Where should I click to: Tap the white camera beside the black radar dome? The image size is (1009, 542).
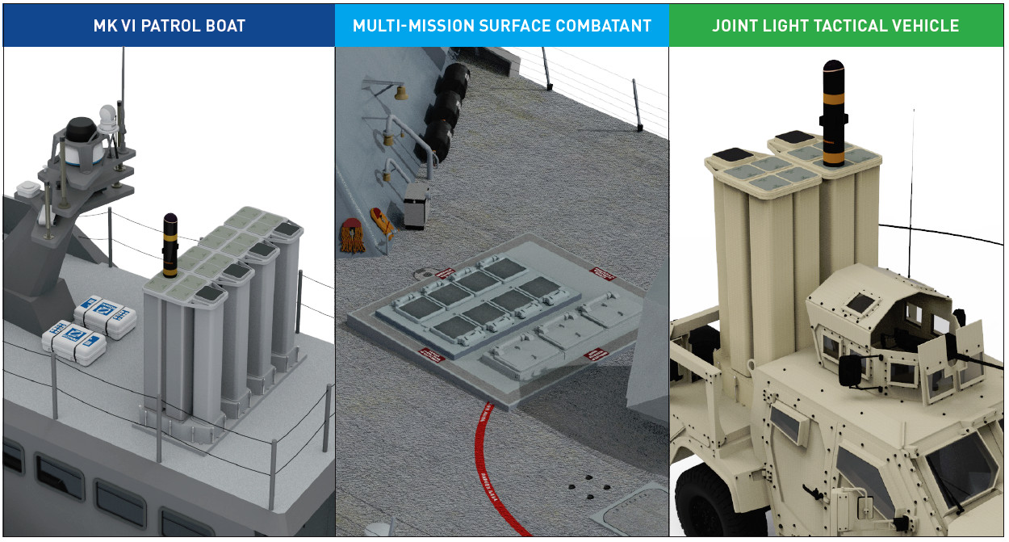tap(107, 119)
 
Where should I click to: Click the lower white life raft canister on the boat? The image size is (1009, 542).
tap(74, 340)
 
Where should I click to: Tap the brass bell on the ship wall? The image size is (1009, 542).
tap(398, 95)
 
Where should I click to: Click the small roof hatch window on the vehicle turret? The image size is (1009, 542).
tap(861, 303)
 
